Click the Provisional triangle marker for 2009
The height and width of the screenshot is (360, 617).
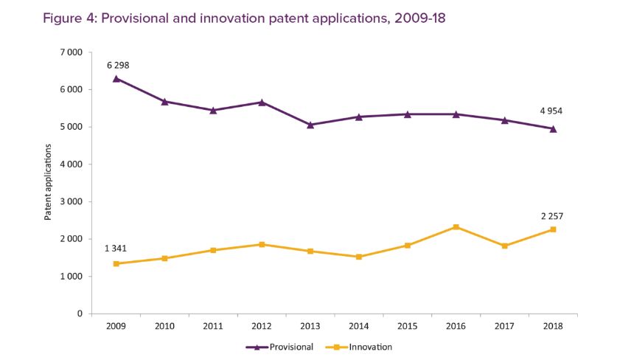click(x=116, y=78)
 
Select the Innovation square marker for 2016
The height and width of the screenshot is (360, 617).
click(x=456, y=227)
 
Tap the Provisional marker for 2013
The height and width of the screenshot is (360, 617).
click(x=310, y=125)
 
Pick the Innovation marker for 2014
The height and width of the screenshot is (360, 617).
click(x=358, y=257)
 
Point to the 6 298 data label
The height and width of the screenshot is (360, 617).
click(x=118, y=65)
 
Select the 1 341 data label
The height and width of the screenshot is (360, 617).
click(x=115, y=248)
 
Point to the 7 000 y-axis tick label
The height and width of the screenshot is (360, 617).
click(x=72, y=52)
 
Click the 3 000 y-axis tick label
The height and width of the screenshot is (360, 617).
click(x=72, y=201)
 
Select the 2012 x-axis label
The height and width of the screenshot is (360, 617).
click(x=262, y=325)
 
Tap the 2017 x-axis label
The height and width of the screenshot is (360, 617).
click(x=504, y=325)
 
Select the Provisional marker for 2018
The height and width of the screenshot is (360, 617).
click(x=553, y=128)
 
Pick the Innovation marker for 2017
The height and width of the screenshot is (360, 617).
click(x=504, y=246)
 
